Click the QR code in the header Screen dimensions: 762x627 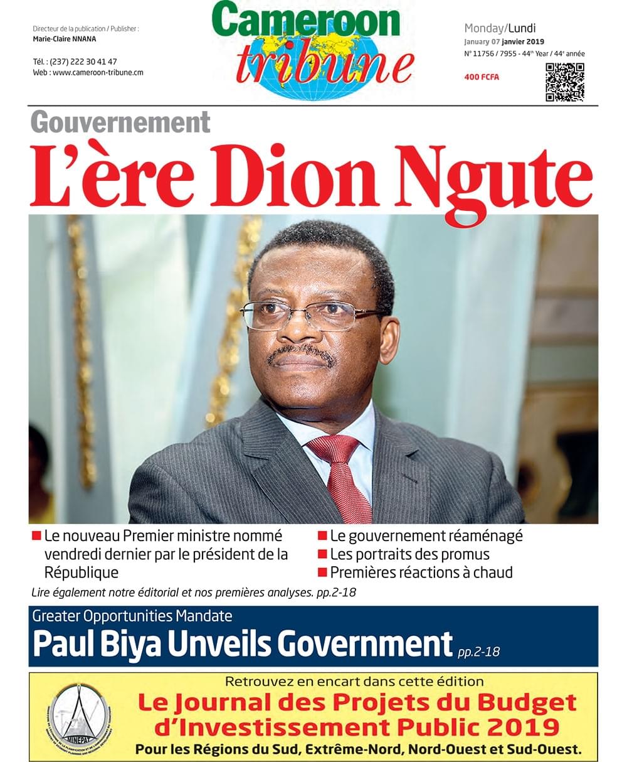pos(564,82)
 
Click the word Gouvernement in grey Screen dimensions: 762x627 pos(120,122)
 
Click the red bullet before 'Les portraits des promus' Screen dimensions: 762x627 pos(322,554)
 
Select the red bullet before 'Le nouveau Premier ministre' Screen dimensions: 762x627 pos(36,536)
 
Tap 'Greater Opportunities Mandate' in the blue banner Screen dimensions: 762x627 pos(132,616)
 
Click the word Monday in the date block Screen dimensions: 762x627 pos(483,28)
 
